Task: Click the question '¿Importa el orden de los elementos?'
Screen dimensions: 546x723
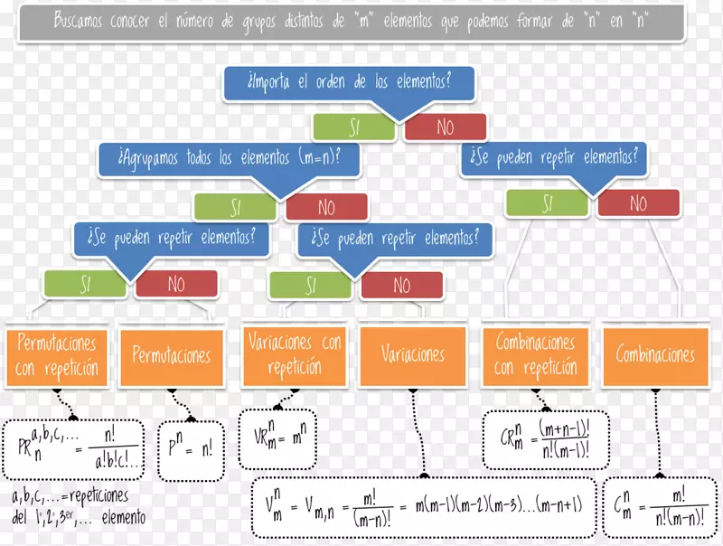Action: coord(350,82)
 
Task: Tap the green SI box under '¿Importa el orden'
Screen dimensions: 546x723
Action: coord(355,127)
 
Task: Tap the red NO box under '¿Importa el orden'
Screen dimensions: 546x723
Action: coord(445,127)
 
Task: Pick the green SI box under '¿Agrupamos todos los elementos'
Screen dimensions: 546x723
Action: coord(235,207)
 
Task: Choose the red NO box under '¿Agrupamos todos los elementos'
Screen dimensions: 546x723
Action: coord(326,207)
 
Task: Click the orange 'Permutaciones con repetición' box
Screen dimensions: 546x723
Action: coord(56,354)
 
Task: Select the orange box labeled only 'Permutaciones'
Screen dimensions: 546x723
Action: coord(172,355)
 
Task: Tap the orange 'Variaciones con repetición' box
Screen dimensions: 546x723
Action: coord(295,354)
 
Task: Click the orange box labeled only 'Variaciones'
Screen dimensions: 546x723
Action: coord(413,355)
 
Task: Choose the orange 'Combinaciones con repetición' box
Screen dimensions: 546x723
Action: coord(535,354)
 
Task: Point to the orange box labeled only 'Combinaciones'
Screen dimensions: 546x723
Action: coord(655,355)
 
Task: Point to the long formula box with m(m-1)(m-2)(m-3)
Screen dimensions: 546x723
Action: coord(422,507)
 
